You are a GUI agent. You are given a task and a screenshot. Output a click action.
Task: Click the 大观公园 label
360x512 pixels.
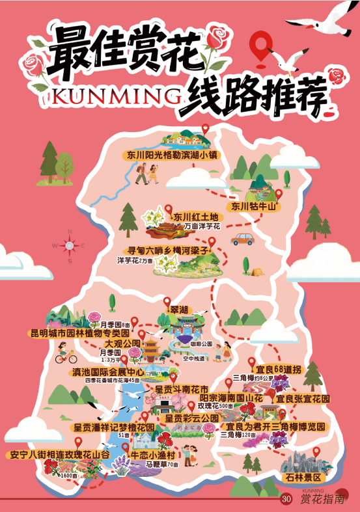click(x=122, y=344)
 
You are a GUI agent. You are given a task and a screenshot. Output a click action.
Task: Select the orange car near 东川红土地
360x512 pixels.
click(x=242, y=239)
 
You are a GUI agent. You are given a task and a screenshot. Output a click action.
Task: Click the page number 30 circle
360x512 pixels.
click(x=286, y=499)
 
